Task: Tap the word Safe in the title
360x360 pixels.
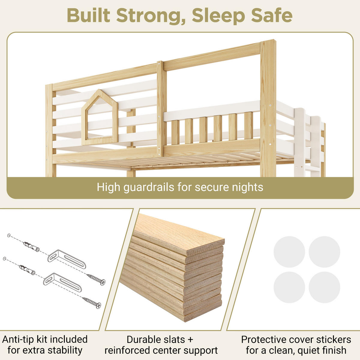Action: click(x=272, y=15)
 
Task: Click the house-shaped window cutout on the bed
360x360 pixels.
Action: click(x=100, y=118)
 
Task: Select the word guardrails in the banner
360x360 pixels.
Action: click(x=149, y=187)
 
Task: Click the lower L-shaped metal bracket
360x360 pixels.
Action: click(x=62, y=282)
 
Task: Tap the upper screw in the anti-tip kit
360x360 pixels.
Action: click(x=96, y=279)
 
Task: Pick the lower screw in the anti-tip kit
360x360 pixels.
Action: click(x=91, y=302)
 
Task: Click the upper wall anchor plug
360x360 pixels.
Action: click(x=31, y=246)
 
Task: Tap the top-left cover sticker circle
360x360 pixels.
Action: click(x=289, y=252)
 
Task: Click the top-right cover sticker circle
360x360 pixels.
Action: click(x=324, y=252)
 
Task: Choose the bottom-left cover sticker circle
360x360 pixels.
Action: click(x=289, y=287)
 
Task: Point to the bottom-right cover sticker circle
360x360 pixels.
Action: click(x=324, y=287)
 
